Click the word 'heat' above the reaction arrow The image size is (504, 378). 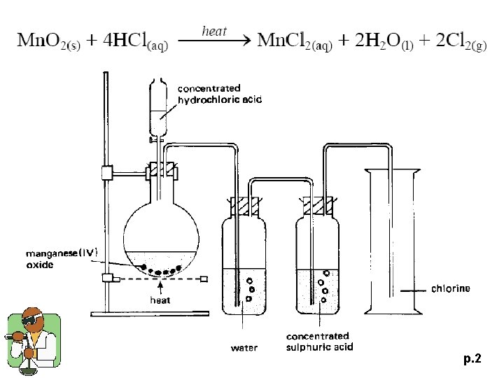pyautogui.click(x=215, y=30)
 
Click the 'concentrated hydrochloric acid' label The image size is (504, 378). pyautogui.click(x=219, y=94)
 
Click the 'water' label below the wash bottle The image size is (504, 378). pyautogui.click(x=244, y=347)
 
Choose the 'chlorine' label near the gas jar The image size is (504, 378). pyautogui.click(x=450, y=288)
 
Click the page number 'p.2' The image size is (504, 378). pyautogui.click(x=472, y=359)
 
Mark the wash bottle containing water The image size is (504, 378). pyautogui.click(x=243, y=266)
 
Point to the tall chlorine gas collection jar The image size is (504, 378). pyautogui.click(x=391, y=245)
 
